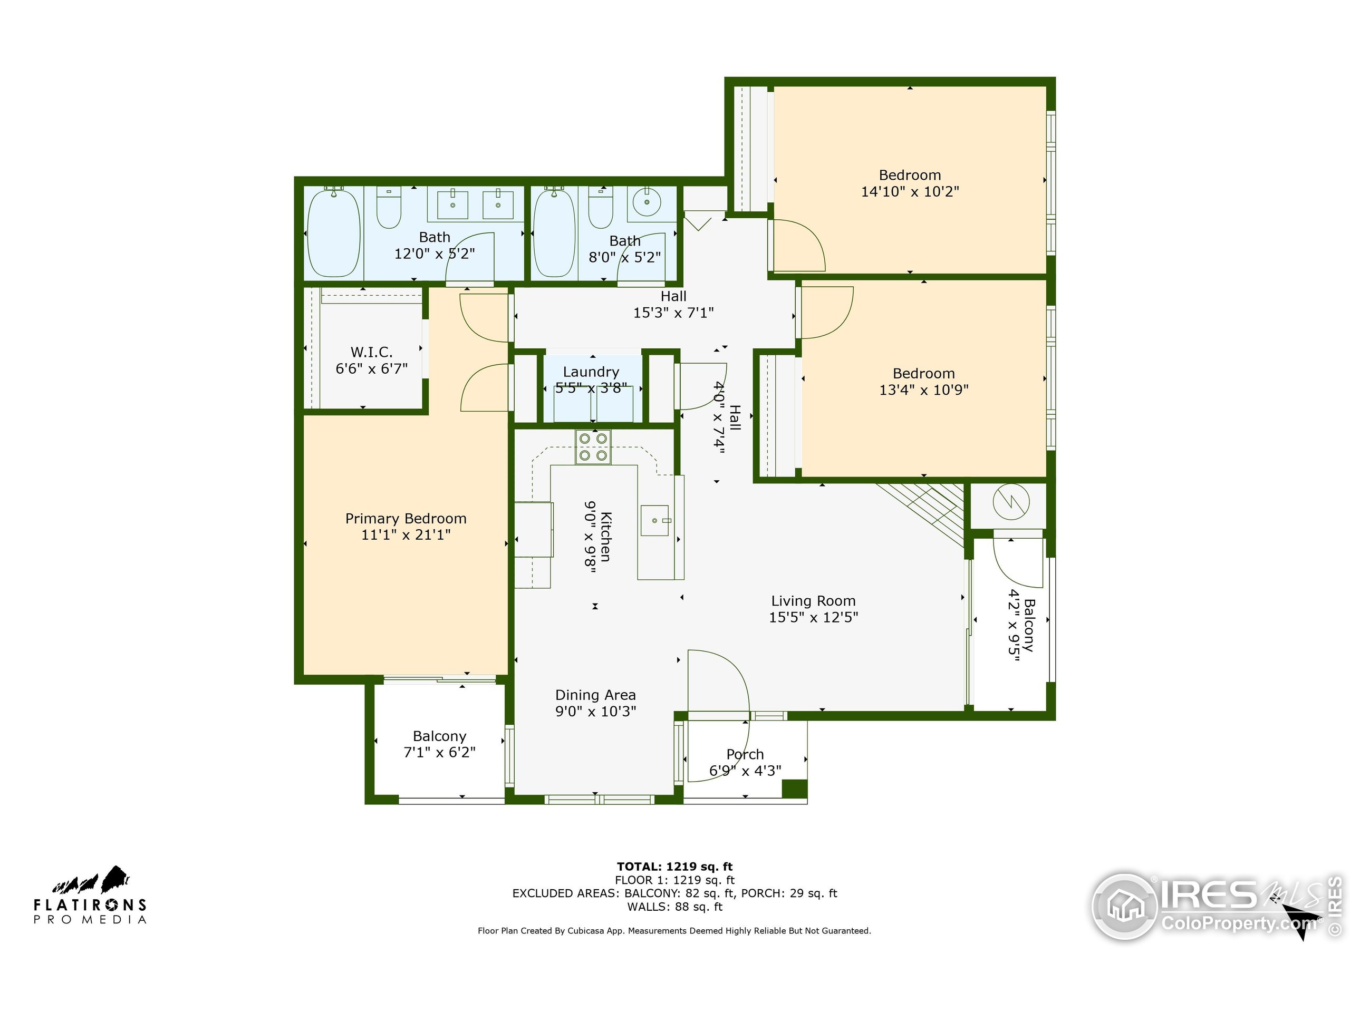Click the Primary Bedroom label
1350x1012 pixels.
click(406, 519)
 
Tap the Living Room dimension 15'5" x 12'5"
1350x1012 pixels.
click(813, 617)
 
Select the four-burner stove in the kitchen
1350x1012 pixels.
click(593, 447)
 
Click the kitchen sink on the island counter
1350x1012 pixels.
click(654, 520)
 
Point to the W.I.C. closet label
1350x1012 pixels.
click(371, 352)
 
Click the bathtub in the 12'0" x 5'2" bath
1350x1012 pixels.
click(333, 233)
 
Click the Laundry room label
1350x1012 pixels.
click(591, 372)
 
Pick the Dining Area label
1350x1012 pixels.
click(595, 695)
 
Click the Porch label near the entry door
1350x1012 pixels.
click(745, 755)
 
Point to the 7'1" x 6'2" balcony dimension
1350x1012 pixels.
click(439, 753)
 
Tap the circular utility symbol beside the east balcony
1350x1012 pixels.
click(1011, 503)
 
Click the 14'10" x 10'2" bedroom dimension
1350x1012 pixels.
click(909, 191)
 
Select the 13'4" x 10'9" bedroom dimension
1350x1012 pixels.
click(923, 390)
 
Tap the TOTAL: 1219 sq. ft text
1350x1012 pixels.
click(674, 866)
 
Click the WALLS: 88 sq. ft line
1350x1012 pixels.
click(674, 907)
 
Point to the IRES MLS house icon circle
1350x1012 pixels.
click(1124, 907)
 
